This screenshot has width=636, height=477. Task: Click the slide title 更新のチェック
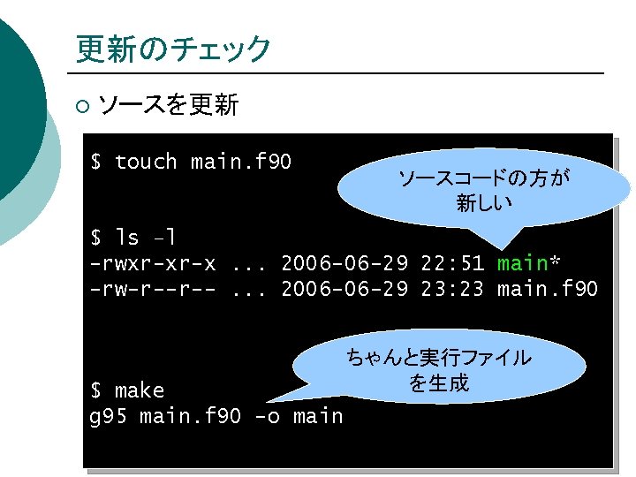[x=173, y=49]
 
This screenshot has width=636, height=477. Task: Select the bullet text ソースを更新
[x=169, y=106]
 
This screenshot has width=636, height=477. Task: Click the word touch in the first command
[x=146, y=162]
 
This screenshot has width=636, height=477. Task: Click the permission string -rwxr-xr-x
[x=153, y=263]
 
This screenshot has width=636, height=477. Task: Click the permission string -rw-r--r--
[x=153, y=289]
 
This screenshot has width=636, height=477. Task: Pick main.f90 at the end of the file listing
[x=548, y=289]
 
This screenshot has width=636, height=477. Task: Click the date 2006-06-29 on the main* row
[x=344, y=263]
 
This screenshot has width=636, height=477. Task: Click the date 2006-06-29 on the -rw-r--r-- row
[x=344, y=289]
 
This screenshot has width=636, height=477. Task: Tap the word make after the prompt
[x=140, y=390]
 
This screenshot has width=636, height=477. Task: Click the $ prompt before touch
[x=96, y=162]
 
